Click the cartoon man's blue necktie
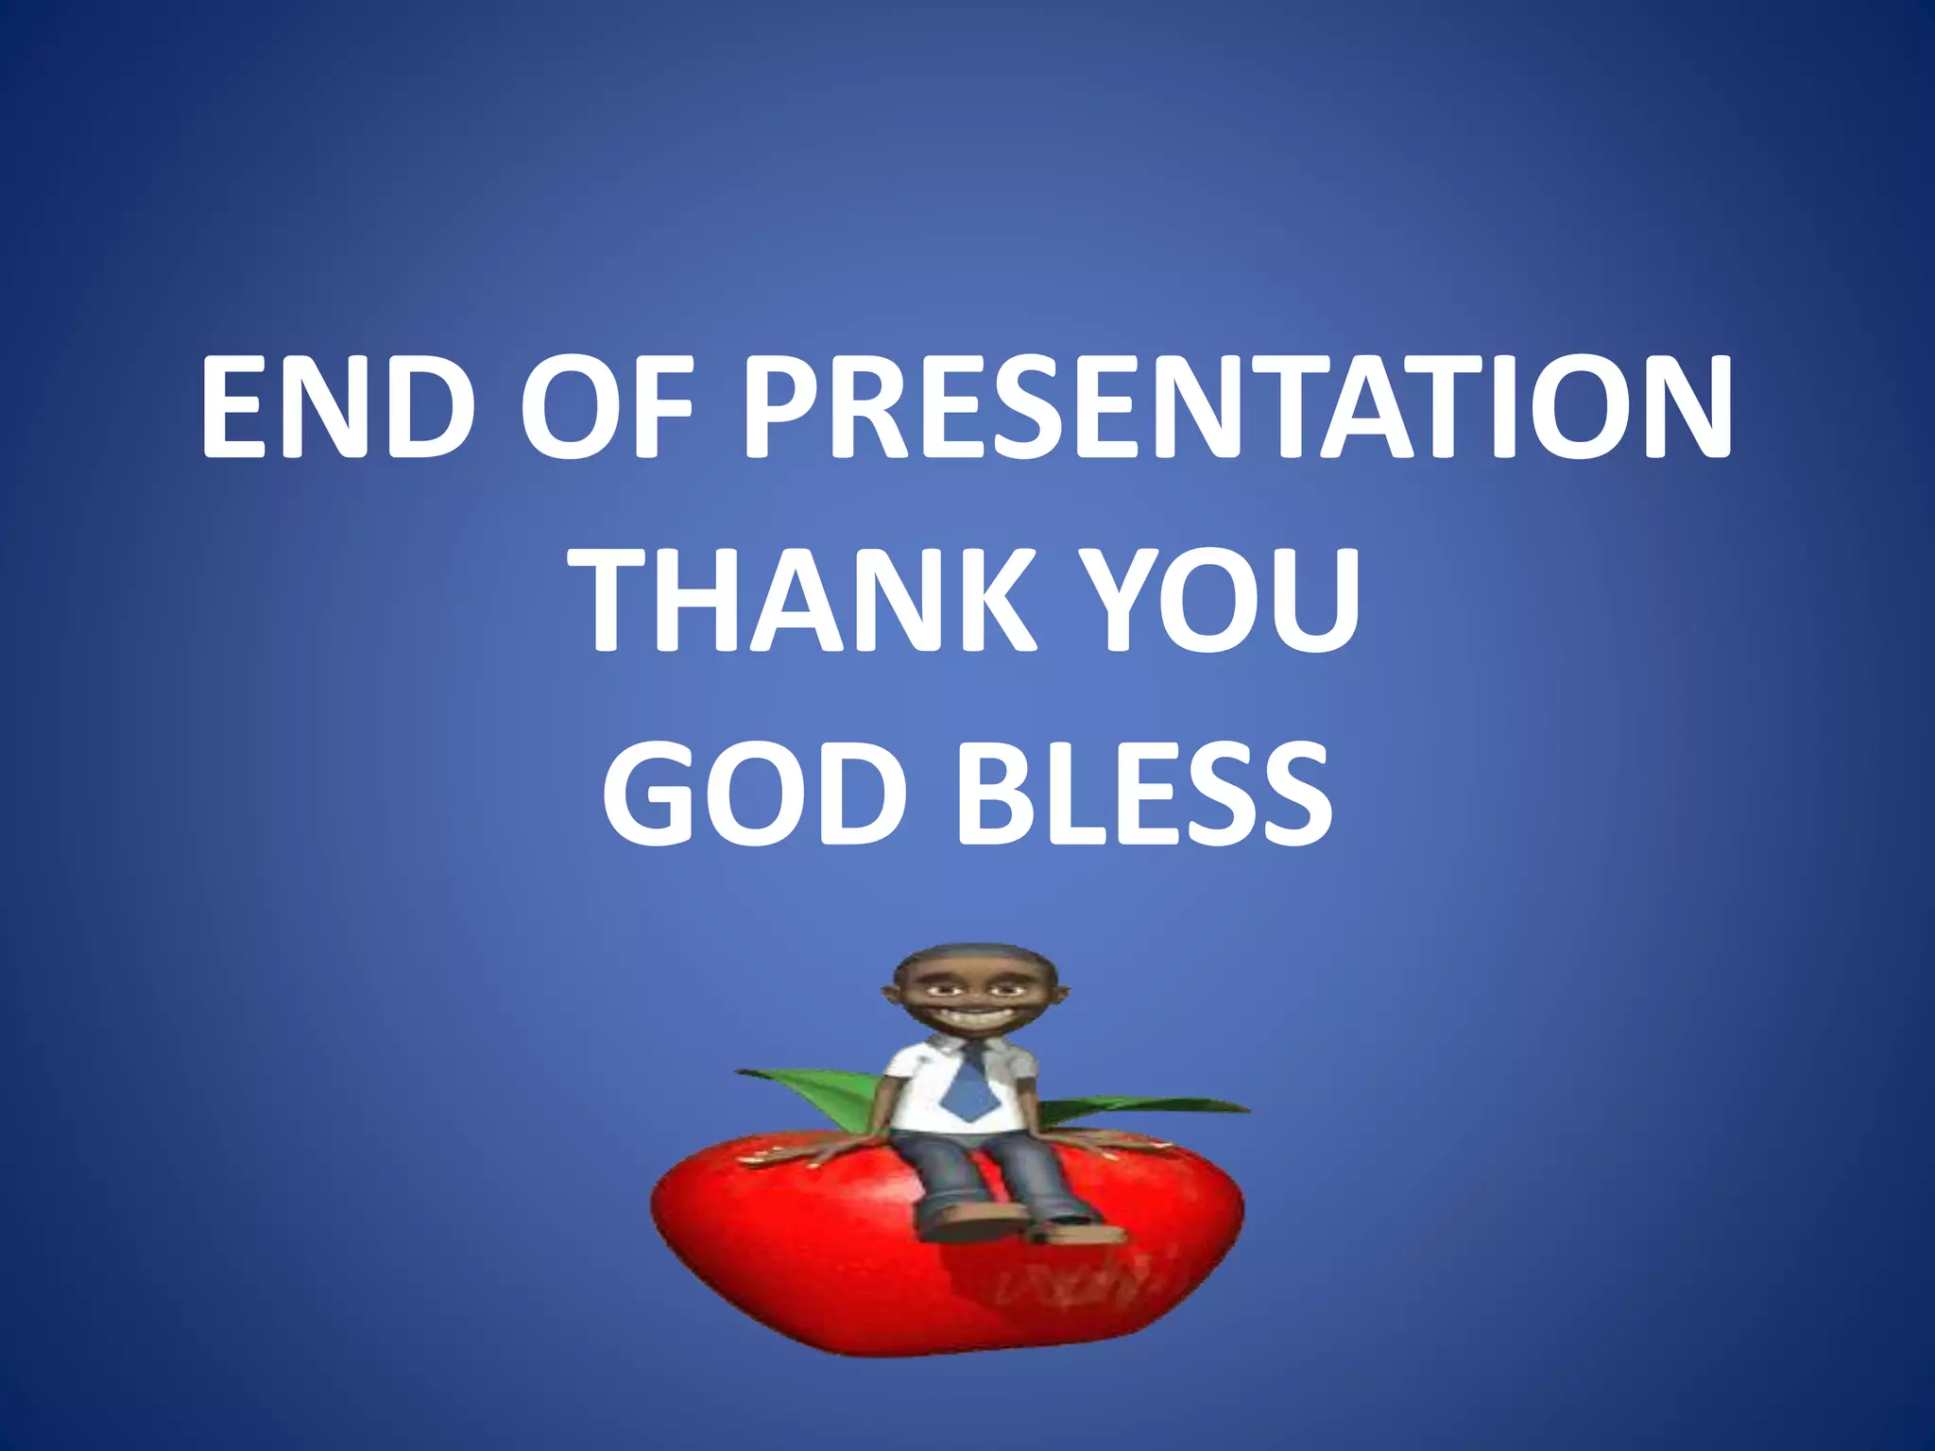click(x=967, y=1086)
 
